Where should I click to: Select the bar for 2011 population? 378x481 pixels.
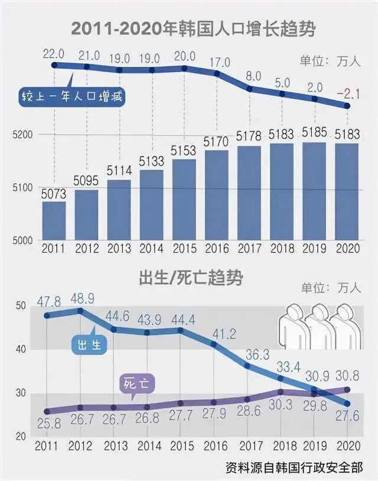pos(54,220)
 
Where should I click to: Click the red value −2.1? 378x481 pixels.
pos(348,93)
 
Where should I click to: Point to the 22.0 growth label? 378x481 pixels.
pos(54,53)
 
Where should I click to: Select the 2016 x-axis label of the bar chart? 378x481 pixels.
pos(216,250)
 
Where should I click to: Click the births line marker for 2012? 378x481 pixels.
pos(81,310)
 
